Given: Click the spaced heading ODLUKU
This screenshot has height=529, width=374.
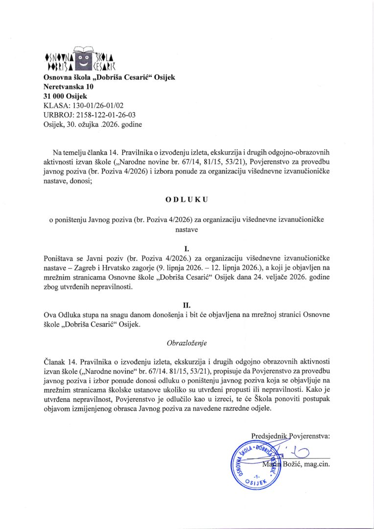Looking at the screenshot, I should (187, 200).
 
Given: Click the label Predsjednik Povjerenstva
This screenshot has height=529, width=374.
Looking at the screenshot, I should (290, 434).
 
